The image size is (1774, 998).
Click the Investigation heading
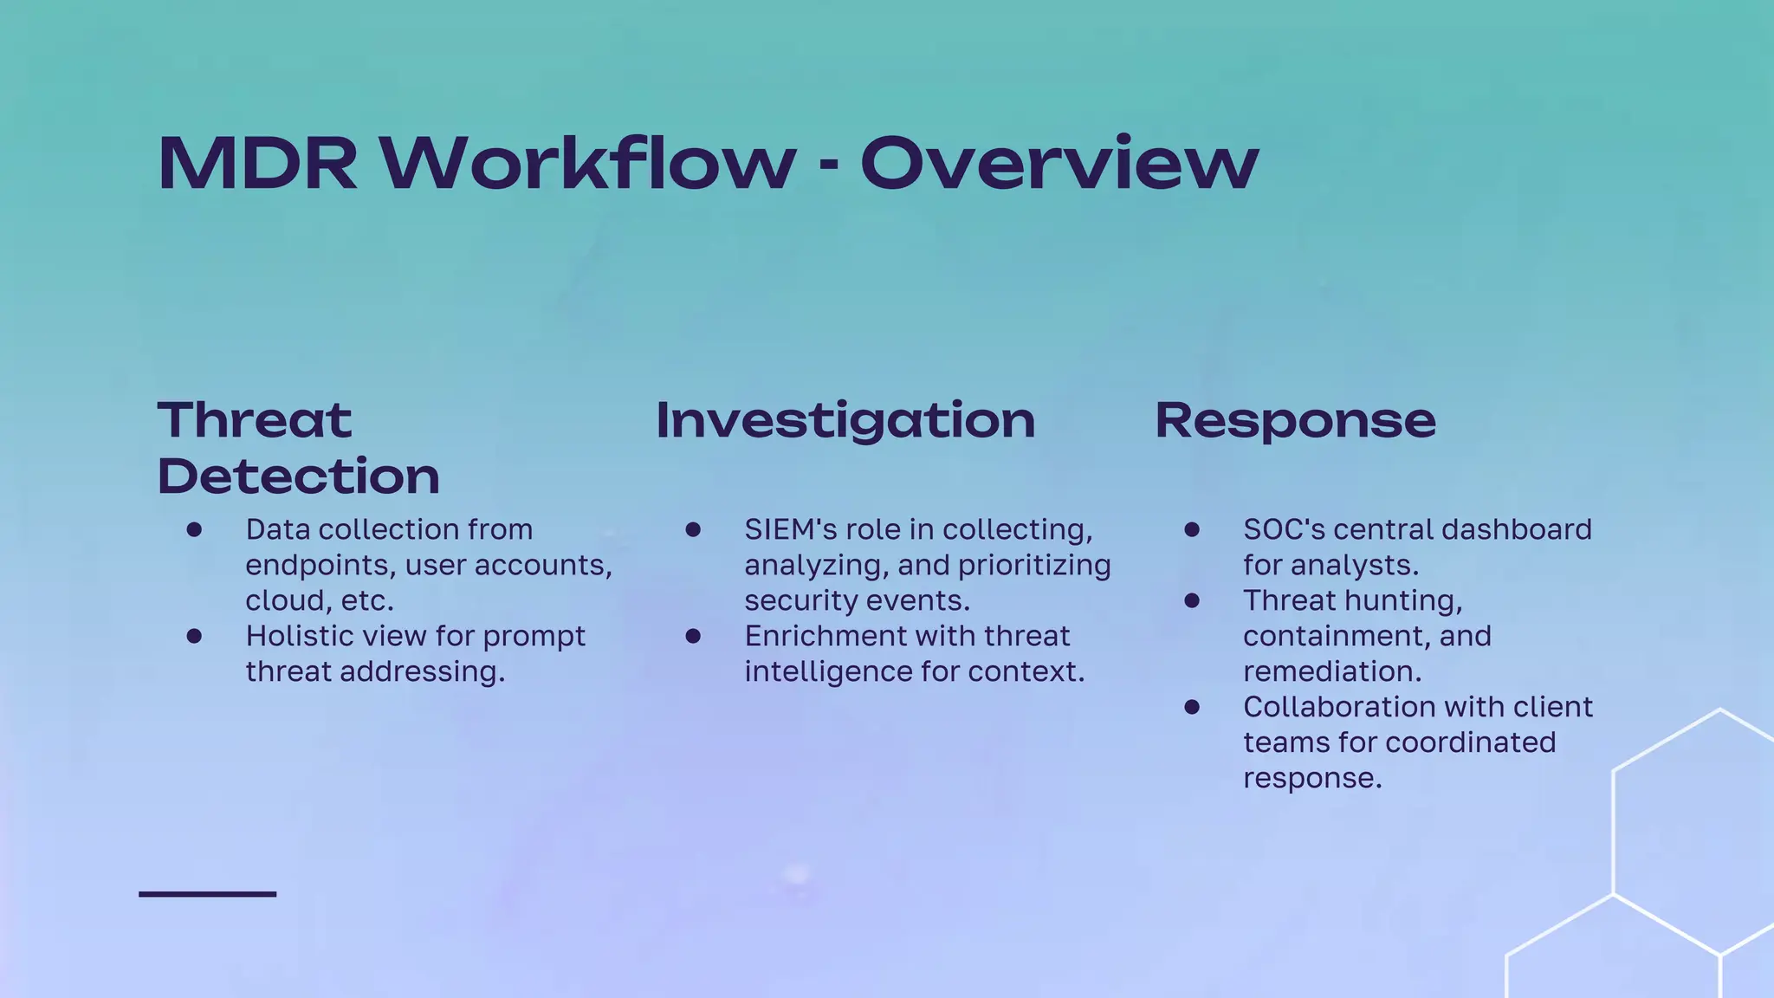[x=845, y=421]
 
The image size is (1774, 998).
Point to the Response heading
[x=1295, y=421]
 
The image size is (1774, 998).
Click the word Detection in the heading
[x=299, y=476]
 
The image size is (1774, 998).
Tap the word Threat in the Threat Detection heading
[x=255, y=421]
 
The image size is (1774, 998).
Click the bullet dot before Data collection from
[x=194, y=529]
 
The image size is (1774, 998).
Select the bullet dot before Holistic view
[x=194, y=636]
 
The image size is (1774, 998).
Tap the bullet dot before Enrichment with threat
[x=693, y=636]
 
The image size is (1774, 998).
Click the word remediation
[x=1331, y=671]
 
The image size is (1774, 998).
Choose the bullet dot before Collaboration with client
[x=1192, y=707]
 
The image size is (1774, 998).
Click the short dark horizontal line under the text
[x=208, y=893]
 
